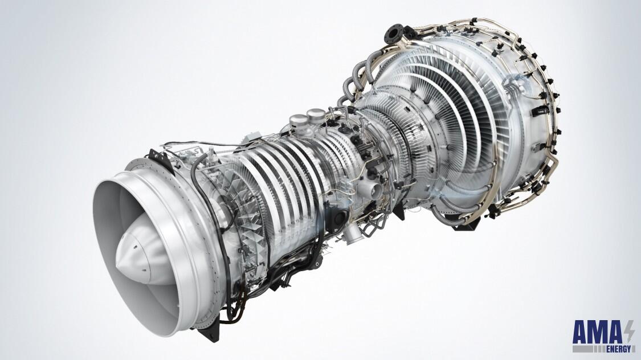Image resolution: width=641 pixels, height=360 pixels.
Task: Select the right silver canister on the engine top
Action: tap(314, 117)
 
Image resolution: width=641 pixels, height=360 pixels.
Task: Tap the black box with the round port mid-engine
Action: tap(341, 216)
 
